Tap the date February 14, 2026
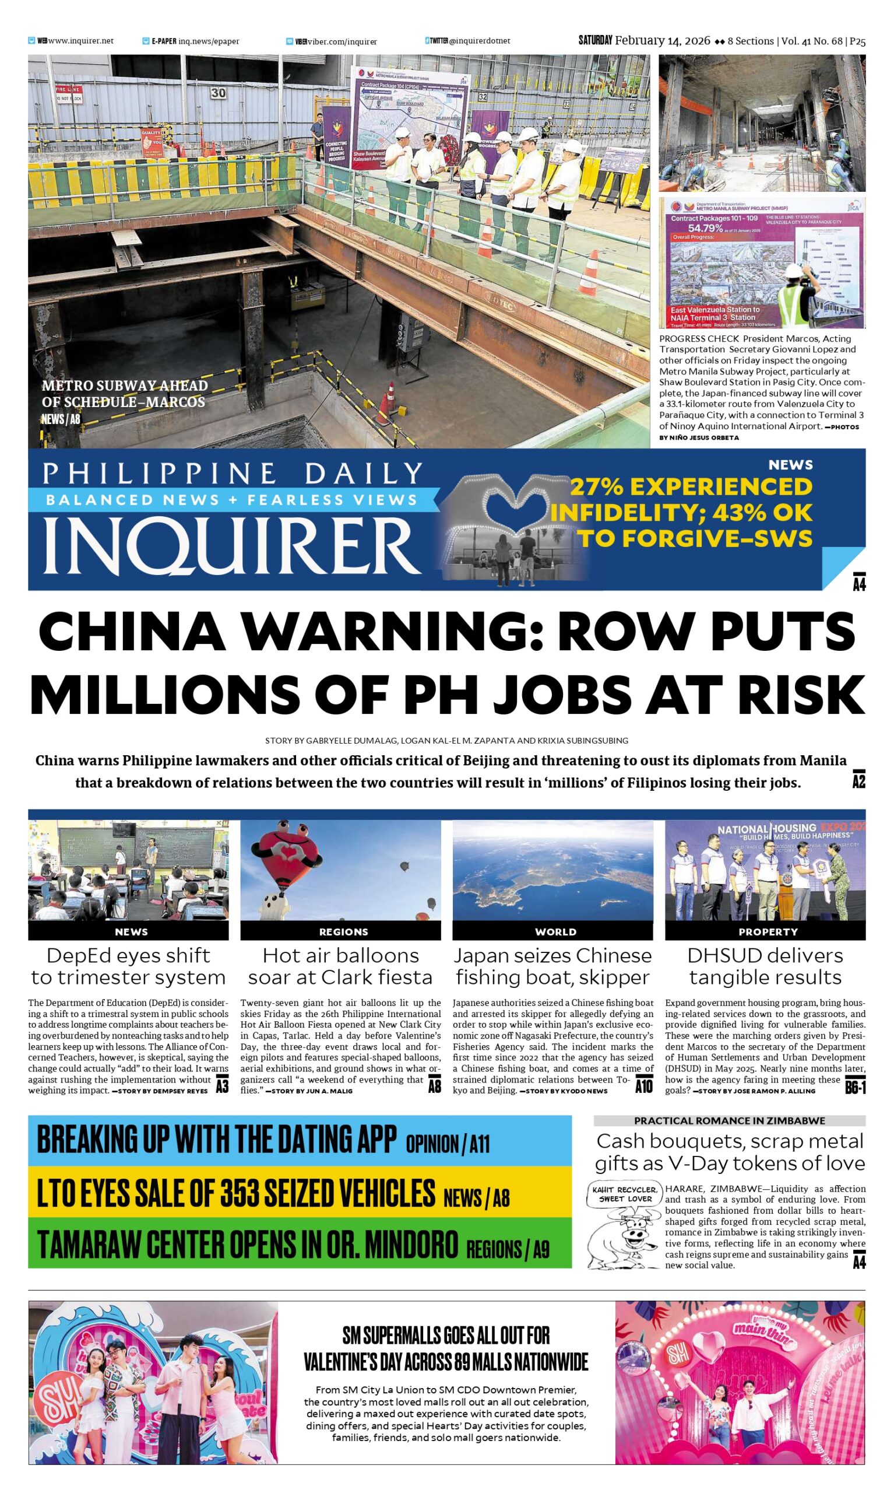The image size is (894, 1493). (x=663, y=41)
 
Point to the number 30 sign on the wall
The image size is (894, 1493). (x=218, y=92)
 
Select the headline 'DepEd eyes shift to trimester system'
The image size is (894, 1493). (x=128, y=966)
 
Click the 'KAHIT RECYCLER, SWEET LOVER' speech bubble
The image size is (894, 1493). (x=625, y=1194)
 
